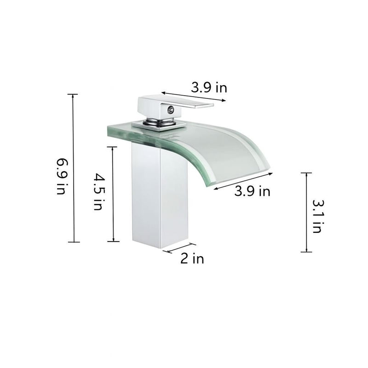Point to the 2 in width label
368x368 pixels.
pyautogui.click(x=192, y=259)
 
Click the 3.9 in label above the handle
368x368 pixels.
pyautogui.click(x=209, y=87)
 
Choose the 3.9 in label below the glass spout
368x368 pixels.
pyautogui.click(x=252, y=191)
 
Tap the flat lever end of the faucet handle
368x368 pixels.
pyautogui.click(x=202, y=106)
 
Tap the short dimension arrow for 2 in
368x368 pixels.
pyautogui.click(x=179, y=248)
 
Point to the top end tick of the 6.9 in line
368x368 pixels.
pyautogui.click(x=73, y=94)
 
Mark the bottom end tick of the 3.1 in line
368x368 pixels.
pyautogui.click(x=306, y=252)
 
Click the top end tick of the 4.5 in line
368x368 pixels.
pyautogui.click(x=113, y=147)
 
